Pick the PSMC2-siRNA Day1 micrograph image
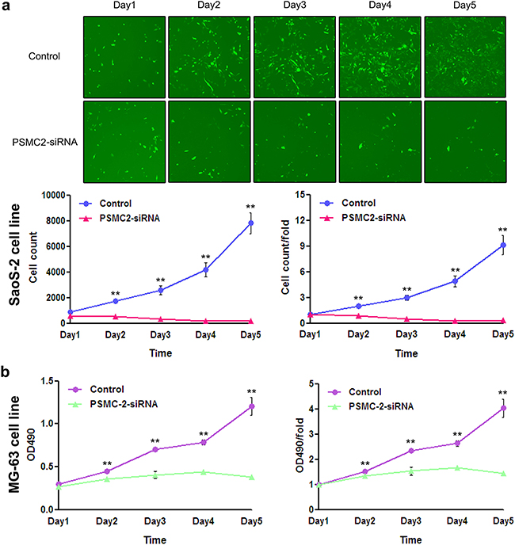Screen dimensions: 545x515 click(123, 143)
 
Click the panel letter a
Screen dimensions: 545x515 click(7, 7)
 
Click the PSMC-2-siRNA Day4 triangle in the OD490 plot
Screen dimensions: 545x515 click(204, 472)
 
